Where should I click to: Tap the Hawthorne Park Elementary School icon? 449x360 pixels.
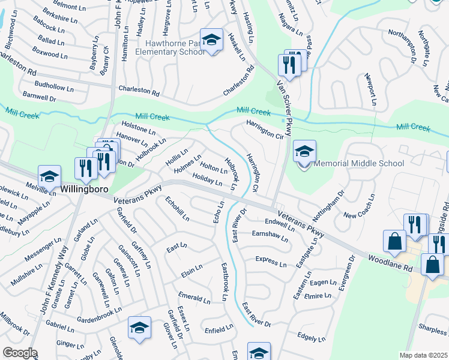point(211,40)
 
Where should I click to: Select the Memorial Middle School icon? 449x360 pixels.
point(304,151)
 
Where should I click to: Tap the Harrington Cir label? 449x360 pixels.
point(264,129)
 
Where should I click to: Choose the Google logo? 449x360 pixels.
point(20,353)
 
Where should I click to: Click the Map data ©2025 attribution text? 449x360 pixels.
point(423,355)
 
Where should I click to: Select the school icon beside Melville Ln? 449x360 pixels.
point(49,176)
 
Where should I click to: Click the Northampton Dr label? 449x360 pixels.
point(402,46)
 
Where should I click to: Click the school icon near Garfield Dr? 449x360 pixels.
point(139,328)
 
